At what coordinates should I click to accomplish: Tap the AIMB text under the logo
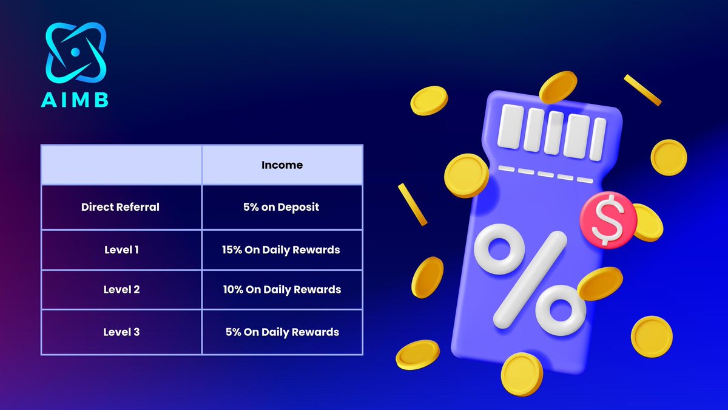(75, 100)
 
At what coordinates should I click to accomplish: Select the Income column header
(282, 165)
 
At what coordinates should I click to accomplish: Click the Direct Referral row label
(120, 207)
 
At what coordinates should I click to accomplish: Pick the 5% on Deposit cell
(282, 207)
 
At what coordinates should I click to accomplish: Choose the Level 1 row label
(121, 250)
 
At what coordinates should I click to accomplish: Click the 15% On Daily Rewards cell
(281, 250)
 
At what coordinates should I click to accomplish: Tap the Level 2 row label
(121, 290)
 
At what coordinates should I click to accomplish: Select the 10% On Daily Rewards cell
(281, 290)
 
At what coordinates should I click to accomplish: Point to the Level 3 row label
(121, 332)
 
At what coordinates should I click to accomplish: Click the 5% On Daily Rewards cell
(281, 332)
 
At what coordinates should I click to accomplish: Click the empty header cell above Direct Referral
(121, 165)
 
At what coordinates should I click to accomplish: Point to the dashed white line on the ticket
(545, 174)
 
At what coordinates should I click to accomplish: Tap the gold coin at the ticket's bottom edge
(522, 374)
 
